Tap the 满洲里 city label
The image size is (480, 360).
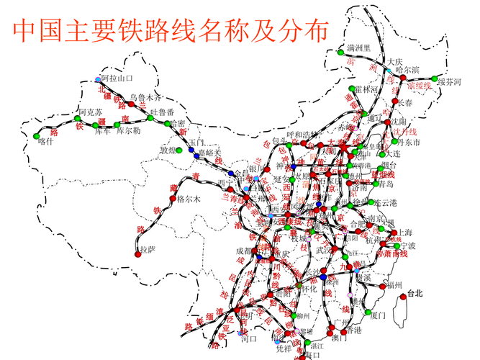click(358, 48)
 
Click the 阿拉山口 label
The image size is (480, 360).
click(117, 78)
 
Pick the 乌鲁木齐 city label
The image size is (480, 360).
click(146, 97)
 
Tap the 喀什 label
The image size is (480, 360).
click(46, 141)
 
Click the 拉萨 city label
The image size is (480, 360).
click(147, 250)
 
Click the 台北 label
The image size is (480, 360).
click(415, 293)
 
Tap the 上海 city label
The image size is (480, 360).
click(404, 233)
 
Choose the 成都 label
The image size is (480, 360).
click(245, 251)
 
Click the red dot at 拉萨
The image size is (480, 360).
click(137, 253)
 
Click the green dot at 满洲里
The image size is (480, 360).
click(340, 52)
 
